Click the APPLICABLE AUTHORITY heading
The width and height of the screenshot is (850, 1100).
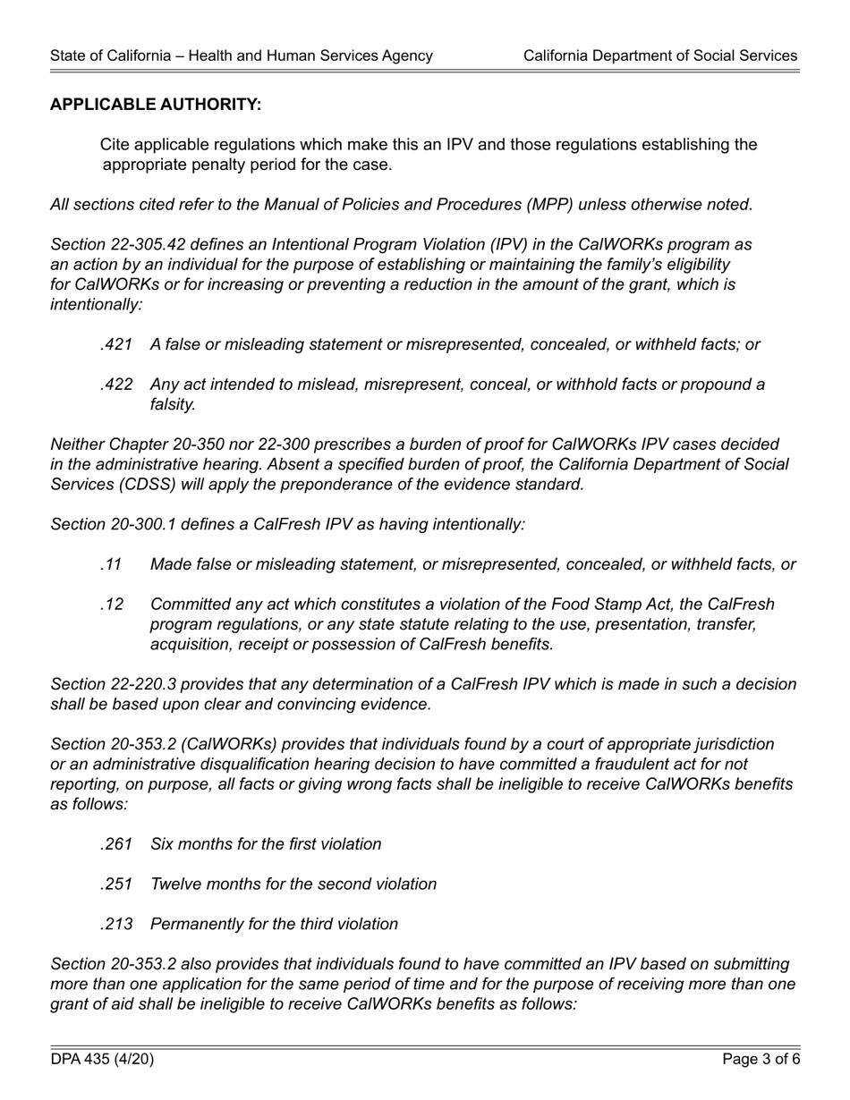tap(156, 105)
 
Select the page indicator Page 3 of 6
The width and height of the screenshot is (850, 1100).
tap(761, 1060)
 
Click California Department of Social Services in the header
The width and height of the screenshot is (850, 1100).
tap(659, 55)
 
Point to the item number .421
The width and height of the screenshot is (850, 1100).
tap(116, 344)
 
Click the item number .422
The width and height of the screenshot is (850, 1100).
tap(116, 385)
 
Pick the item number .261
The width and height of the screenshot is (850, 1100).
tap(116, 844)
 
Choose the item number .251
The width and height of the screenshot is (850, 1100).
tap(116, 884)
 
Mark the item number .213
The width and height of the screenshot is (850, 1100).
tap(116, 924)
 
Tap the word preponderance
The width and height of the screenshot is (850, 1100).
tap(378, 485)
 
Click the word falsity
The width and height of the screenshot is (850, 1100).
tap(173, 404)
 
